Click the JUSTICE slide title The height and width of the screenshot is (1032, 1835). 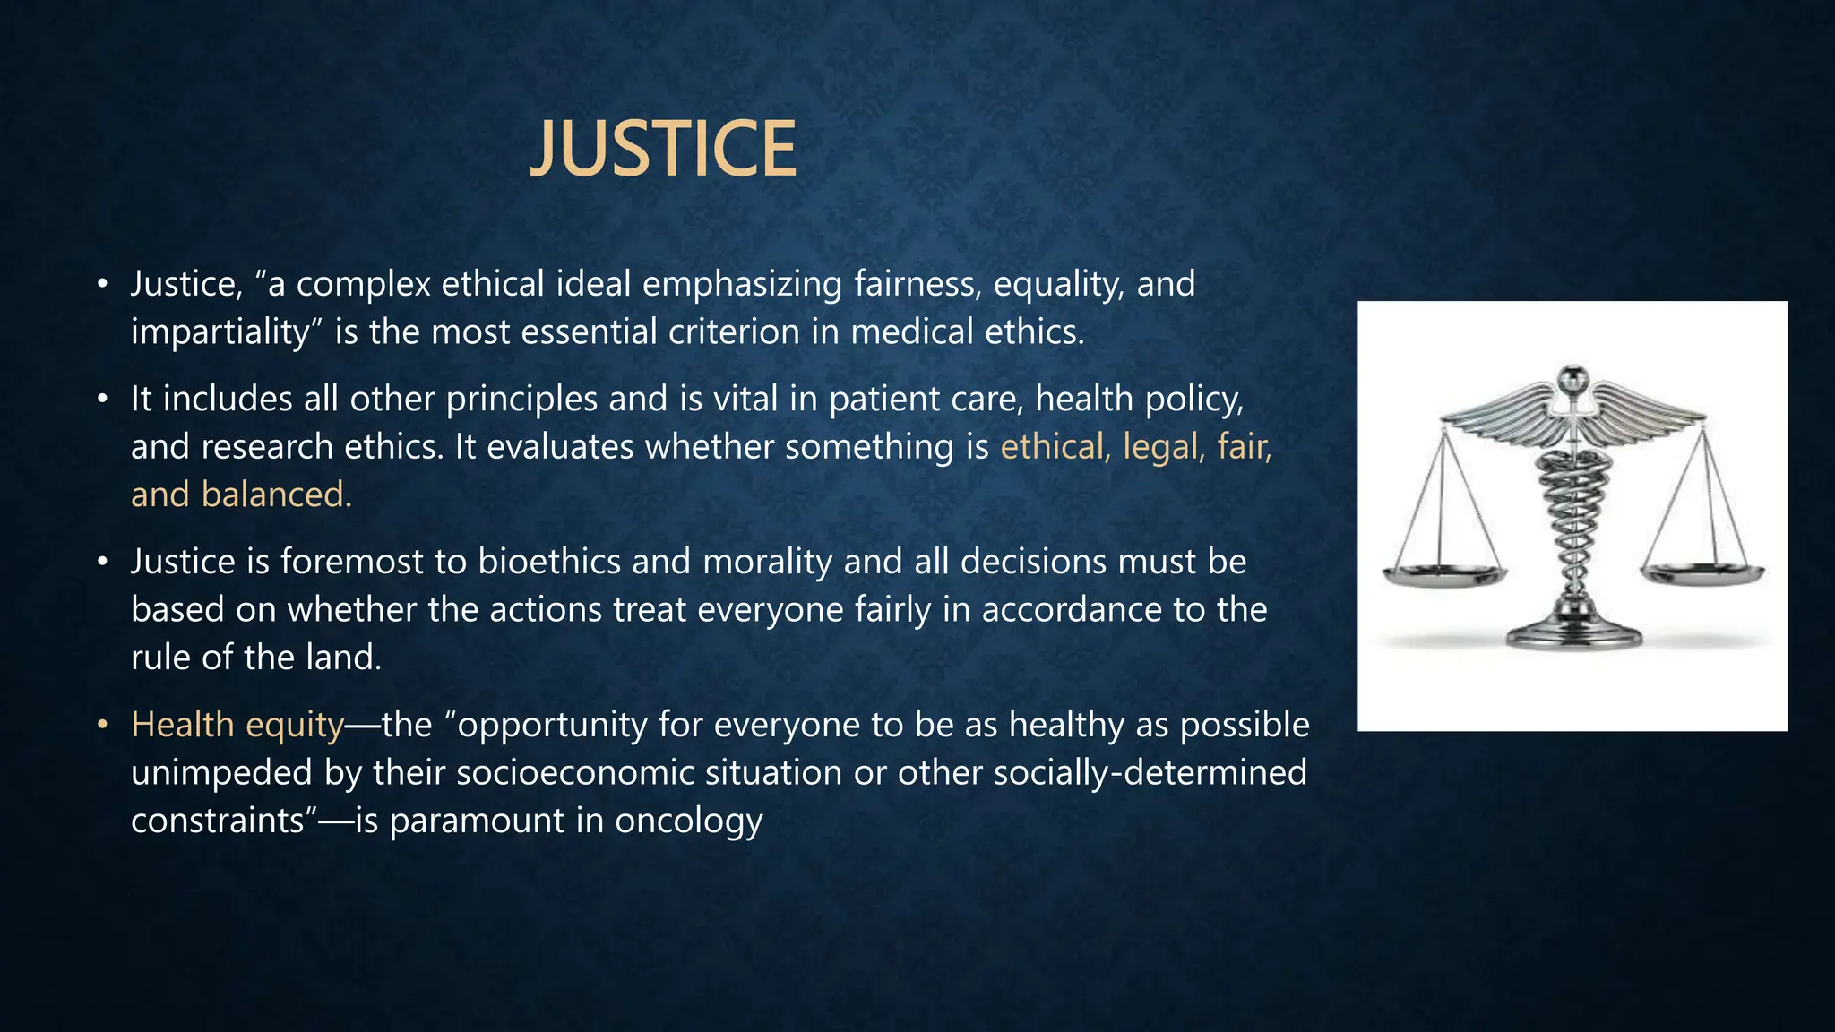click(x=663, y=149)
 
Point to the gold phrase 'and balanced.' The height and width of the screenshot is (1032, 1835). click(x=242, y=495)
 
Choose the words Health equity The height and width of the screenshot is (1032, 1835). click(x=237, y=725)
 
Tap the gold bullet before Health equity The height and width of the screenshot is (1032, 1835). click(x=103, y=725)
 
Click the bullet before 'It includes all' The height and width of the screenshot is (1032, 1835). click(x=103, y=399)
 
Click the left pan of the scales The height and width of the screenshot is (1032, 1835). click(x=1443, y=575)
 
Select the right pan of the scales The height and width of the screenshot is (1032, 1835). click(x=1701, y=573)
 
